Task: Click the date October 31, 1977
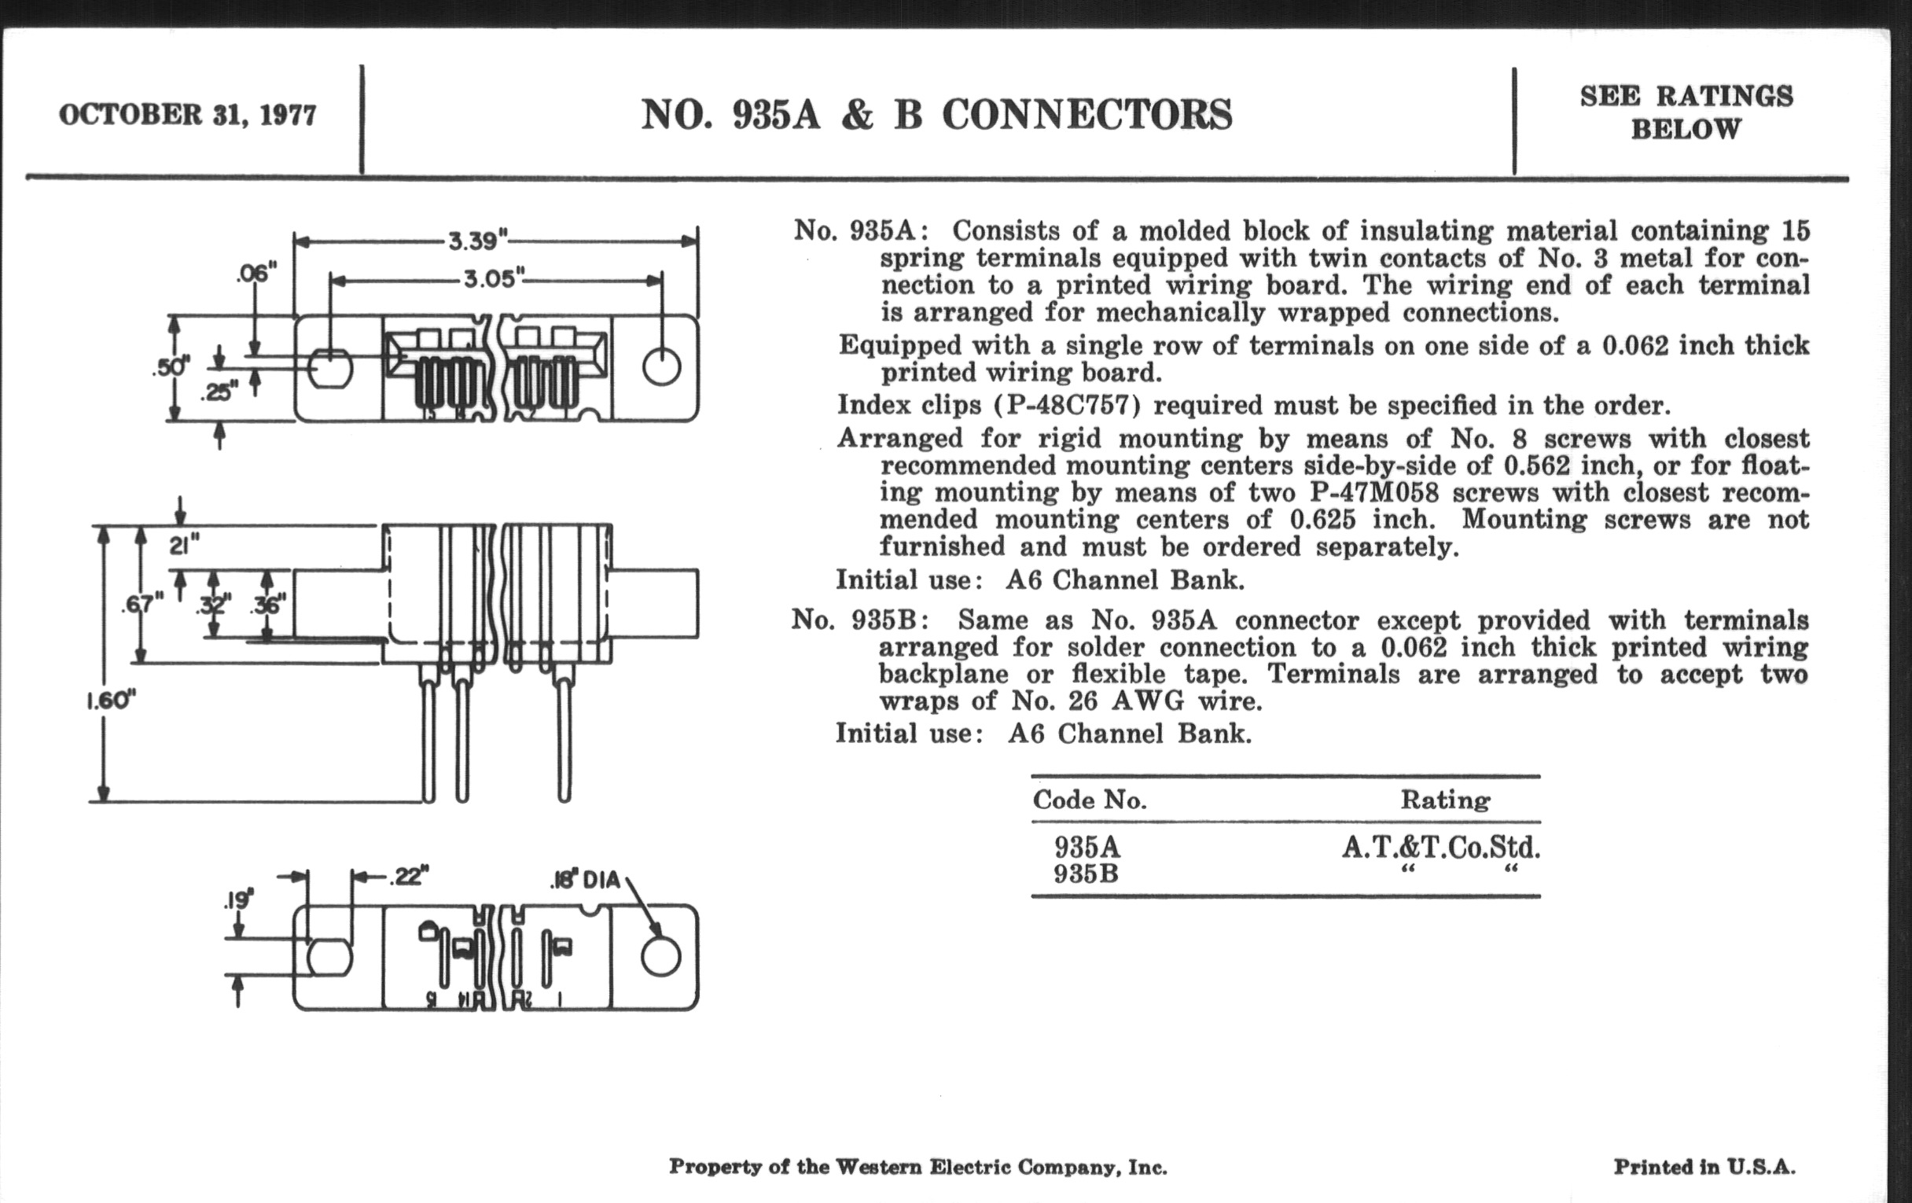tap(187, 115)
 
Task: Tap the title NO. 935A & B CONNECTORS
tap(936, 115)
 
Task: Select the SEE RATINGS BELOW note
tap(1686, 112)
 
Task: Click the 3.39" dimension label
tap(478, 241)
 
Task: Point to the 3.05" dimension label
tap(494, 279)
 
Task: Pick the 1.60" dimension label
tap(111, 701)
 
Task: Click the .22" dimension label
tap(408, 877)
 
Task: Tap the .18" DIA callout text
tap(584, 881)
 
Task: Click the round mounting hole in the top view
tap(661, 368)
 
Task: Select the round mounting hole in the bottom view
tap(660, 956)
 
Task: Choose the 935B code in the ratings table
tap(1087, 874)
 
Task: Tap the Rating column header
tap(1444, 800)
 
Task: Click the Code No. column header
tap(1090, 800)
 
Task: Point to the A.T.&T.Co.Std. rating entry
tap(1441, 848)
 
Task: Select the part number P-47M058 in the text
tap(1373, 493)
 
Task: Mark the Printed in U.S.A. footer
tap(1704, 1168)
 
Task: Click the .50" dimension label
tap(171, 368)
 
